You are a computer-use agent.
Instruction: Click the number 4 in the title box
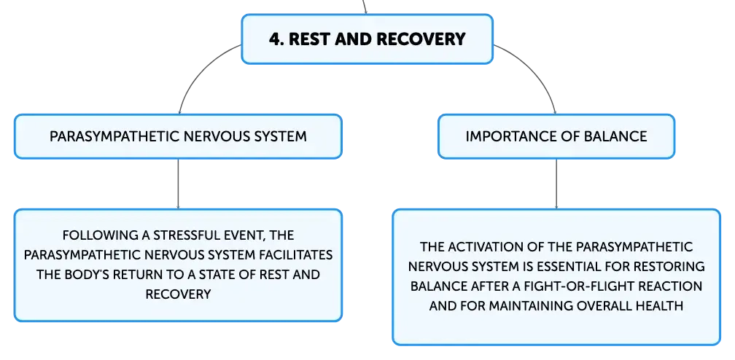point(275,39)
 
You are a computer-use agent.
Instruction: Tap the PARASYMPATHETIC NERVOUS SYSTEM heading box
point(178,136)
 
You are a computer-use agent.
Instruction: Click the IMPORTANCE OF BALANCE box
point(556,136)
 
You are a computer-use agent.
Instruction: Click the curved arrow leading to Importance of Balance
point(539,70)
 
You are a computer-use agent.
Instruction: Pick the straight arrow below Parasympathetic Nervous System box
point(178,184)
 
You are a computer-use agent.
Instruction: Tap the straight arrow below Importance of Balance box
point(556,184)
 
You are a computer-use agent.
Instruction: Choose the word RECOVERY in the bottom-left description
point(178,294)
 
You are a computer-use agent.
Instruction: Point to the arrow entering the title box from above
point(365,7)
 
